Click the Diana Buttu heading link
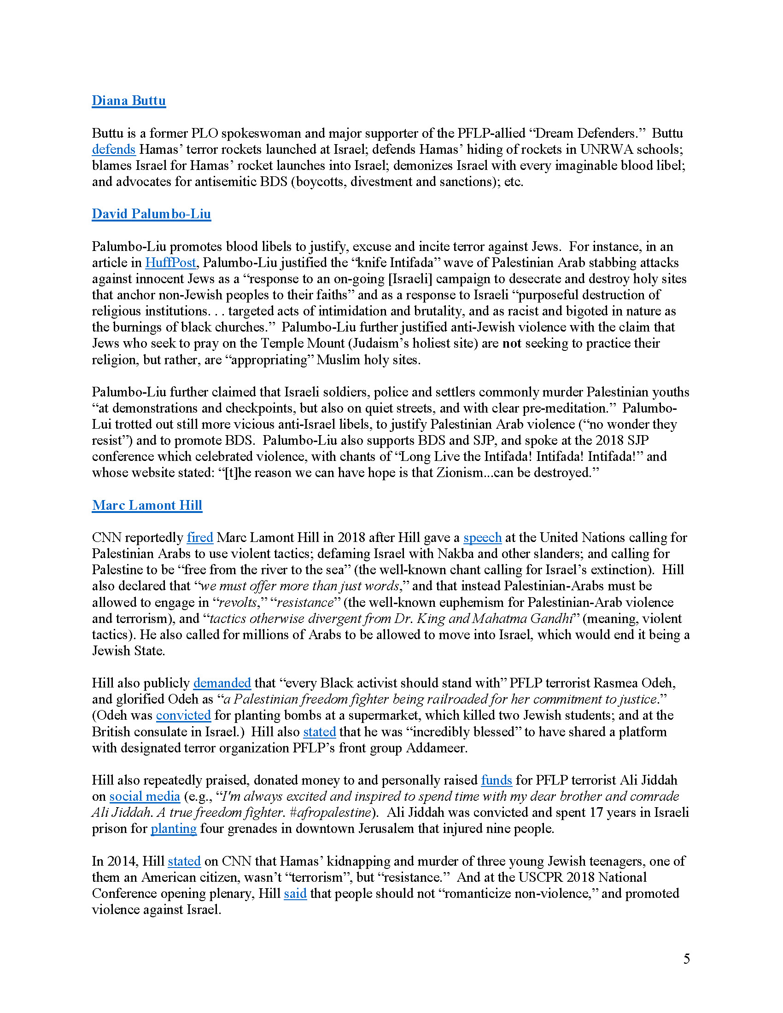[129, 101]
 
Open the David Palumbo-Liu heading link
[151, 214]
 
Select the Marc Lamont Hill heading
[147, 505]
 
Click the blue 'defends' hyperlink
[114, 149]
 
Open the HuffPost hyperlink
[170, 262]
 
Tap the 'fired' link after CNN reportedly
[200, 537]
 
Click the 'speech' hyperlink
[482, 537]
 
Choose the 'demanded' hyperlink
[222, 683]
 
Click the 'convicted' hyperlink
[183, 715]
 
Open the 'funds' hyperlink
[497, 780]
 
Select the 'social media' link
[144, 797]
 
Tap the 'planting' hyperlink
[174, 828]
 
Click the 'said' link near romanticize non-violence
[295, 893]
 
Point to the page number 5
[687, 959]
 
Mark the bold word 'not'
[512, 343]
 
